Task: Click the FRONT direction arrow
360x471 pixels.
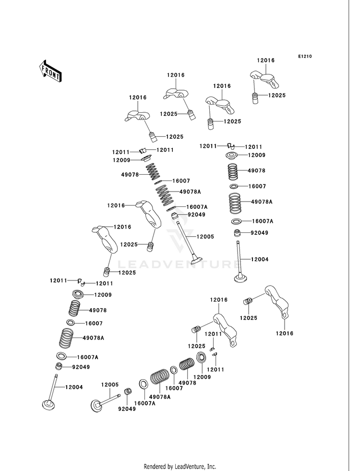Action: pyautogui.click(x=50, y=71)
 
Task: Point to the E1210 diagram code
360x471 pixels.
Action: pyautogui.click(x=305, y=56)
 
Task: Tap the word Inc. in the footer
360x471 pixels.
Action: pyautogui.click(x=212, y=467)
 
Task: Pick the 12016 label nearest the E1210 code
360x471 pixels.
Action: pyautogui.click(x=266, y=60)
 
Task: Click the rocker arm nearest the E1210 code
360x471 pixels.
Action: pyautogui.click(x=264, y=79)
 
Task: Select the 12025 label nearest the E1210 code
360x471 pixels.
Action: pyautogui.click(x=277, y=95)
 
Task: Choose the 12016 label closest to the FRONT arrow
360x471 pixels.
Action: pyautogui.click(x=138, y=97)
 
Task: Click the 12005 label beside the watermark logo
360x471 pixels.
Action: pyautogui.click(x=205, y=237)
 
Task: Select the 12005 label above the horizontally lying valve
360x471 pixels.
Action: pyautogui.click(x=110, y=385)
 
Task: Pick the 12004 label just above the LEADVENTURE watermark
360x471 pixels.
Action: pyautogui.click(x=260, y=259)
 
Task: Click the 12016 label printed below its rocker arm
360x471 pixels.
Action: pyautogui.click(x=284, y=333)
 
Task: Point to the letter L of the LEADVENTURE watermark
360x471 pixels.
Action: pyautogui.click(x=120, y=265)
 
